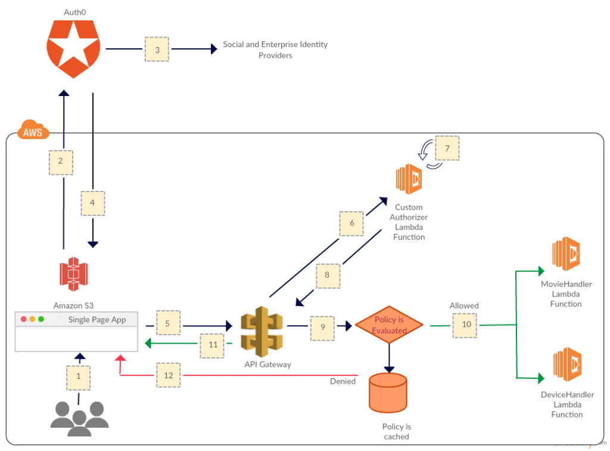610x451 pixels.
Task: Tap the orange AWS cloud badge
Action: click(x=33, y=132)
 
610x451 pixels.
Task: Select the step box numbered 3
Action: click(x=157, y=50)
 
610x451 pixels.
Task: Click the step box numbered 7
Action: click(x=447, y=149)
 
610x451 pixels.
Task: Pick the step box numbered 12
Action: click(x=169, y=375)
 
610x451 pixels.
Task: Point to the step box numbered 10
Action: click(x=465, y=325)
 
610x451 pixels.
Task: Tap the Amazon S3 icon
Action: click(x=73, y=274)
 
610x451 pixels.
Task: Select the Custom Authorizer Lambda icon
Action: click(x=409, y=179)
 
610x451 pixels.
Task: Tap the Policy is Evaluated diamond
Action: click(x=389, y=325)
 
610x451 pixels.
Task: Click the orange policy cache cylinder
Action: click(x=388, y=393)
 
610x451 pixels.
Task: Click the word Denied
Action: click(x=343, y=381)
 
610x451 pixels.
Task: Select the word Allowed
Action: click(x=464, y=305)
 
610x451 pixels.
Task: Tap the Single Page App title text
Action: click(x=97, y=319)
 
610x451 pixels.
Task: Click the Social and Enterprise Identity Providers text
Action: click(x=275, y=50)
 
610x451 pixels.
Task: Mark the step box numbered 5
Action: click(x=168, y=324)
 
